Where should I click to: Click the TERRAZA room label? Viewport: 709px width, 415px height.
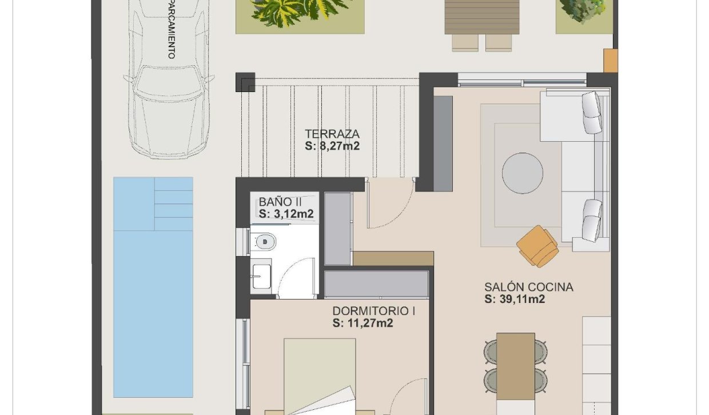pos(332,134)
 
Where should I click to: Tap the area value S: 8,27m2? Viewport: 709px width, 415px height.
pos(332,146)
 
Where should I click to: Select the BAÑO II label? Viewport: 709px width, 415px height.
pos(280,202)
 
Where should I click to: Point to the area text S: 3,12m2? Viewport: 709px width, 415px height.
pos(286,214)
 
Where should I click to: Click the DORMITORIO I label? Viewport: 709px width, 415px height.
pos(374,311)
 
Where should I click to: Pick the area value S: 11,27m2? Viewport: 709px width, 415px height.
pos(363,324)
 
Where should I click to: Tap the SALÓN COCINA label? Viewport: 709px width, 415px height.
pos(528,287)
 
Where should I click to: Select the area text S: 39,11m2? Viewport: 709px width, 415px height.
pos(515,299)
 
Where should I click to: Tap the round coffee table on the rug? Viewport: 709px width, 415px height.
pos(523,172)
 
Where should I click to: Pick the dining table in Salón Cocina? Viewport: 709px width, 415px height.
pos(515,366)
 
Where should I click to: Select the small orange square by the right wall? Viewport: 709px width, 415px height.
pos(611,61)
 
